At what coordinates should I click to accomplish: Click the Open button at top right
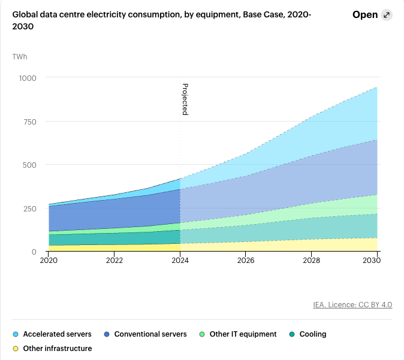(365, 15)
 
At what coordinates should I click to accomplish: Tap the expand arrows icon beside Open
(387, 15)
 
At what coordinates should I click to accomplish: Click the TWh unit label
(20, 57)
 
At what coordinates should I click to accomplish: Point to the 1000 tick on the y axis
(28, 78)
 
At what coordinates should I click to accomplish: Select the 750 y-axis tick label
(30, 122)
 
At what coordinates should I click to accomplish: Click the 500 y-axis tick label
(30, 165)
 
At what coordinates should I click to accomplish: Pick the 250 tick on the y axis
(30, 208)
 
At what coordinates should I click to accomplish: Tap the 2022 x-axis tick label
(114, 261)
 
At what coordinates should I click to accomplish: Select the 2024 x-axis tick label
(180, 261)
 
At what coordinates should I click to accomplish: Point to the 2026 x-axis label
(246, 261)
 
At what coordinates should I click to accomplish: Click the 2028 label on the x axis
(312, 261)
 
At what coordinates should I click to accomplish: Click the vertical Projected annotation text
(185, 99)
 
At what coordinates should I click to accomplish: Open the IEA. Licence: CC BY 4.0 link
(352, 305)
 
